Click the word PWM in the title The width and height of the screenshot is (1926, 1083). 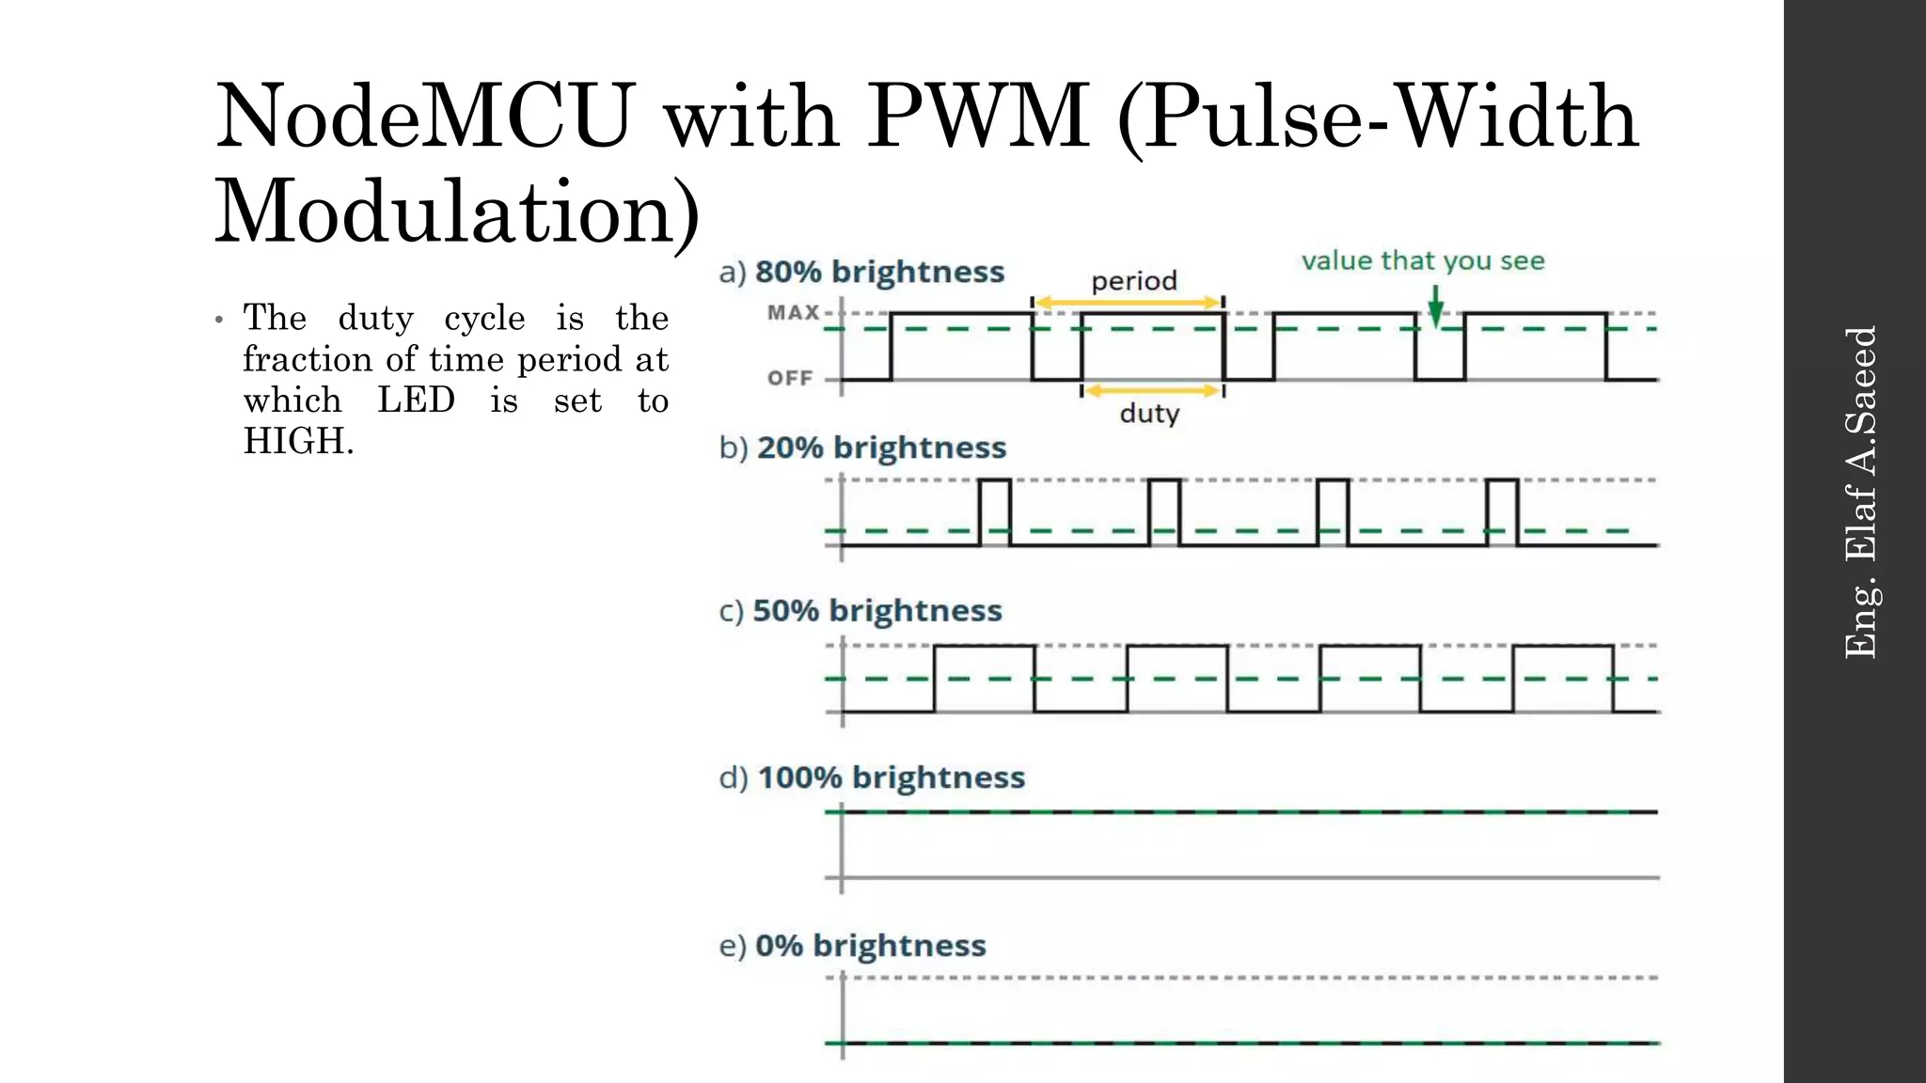pyautogui.click(x=978, y=117)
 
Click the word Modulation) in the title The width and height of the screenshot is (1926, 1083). pyautogui.click(x=458, y=212)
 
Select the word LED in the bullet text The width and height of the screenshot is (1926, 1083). pyautogui.click(x=416, y=400)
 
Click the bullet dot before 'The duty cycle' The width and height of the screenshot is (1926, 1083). pyautogui.click(x=219, y=321)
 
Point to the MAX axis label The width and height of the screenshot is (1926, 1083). pyautogui.click(x=793, y=312)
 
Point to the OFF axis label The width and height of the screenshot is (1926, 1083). pyautogui.click(x=790, y=378)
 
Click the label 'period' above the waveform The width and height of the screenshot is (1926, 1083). pyautogui.click(x=1134, y=281)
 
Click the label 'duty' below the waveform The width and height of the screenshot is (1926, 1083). pyautogui.click(x=1149, y=414)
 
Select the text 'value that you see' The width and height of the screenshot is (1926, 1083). pyautogui.click(x=1423, y=260)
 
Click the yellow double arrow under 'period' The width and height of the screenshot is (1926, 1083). pyautogui.click(x=1128, y=303)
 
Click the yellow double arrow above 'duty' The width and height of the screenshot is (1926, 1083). pyautogui.click(x=1152, y=390)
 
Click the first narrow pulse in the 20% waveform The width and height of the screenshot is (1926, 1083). pyautogui.click(x=995, y=512)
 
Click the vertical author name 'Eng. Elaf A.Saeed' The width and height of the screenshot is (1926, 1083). pyautogui.click(x=1860, y=492)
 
